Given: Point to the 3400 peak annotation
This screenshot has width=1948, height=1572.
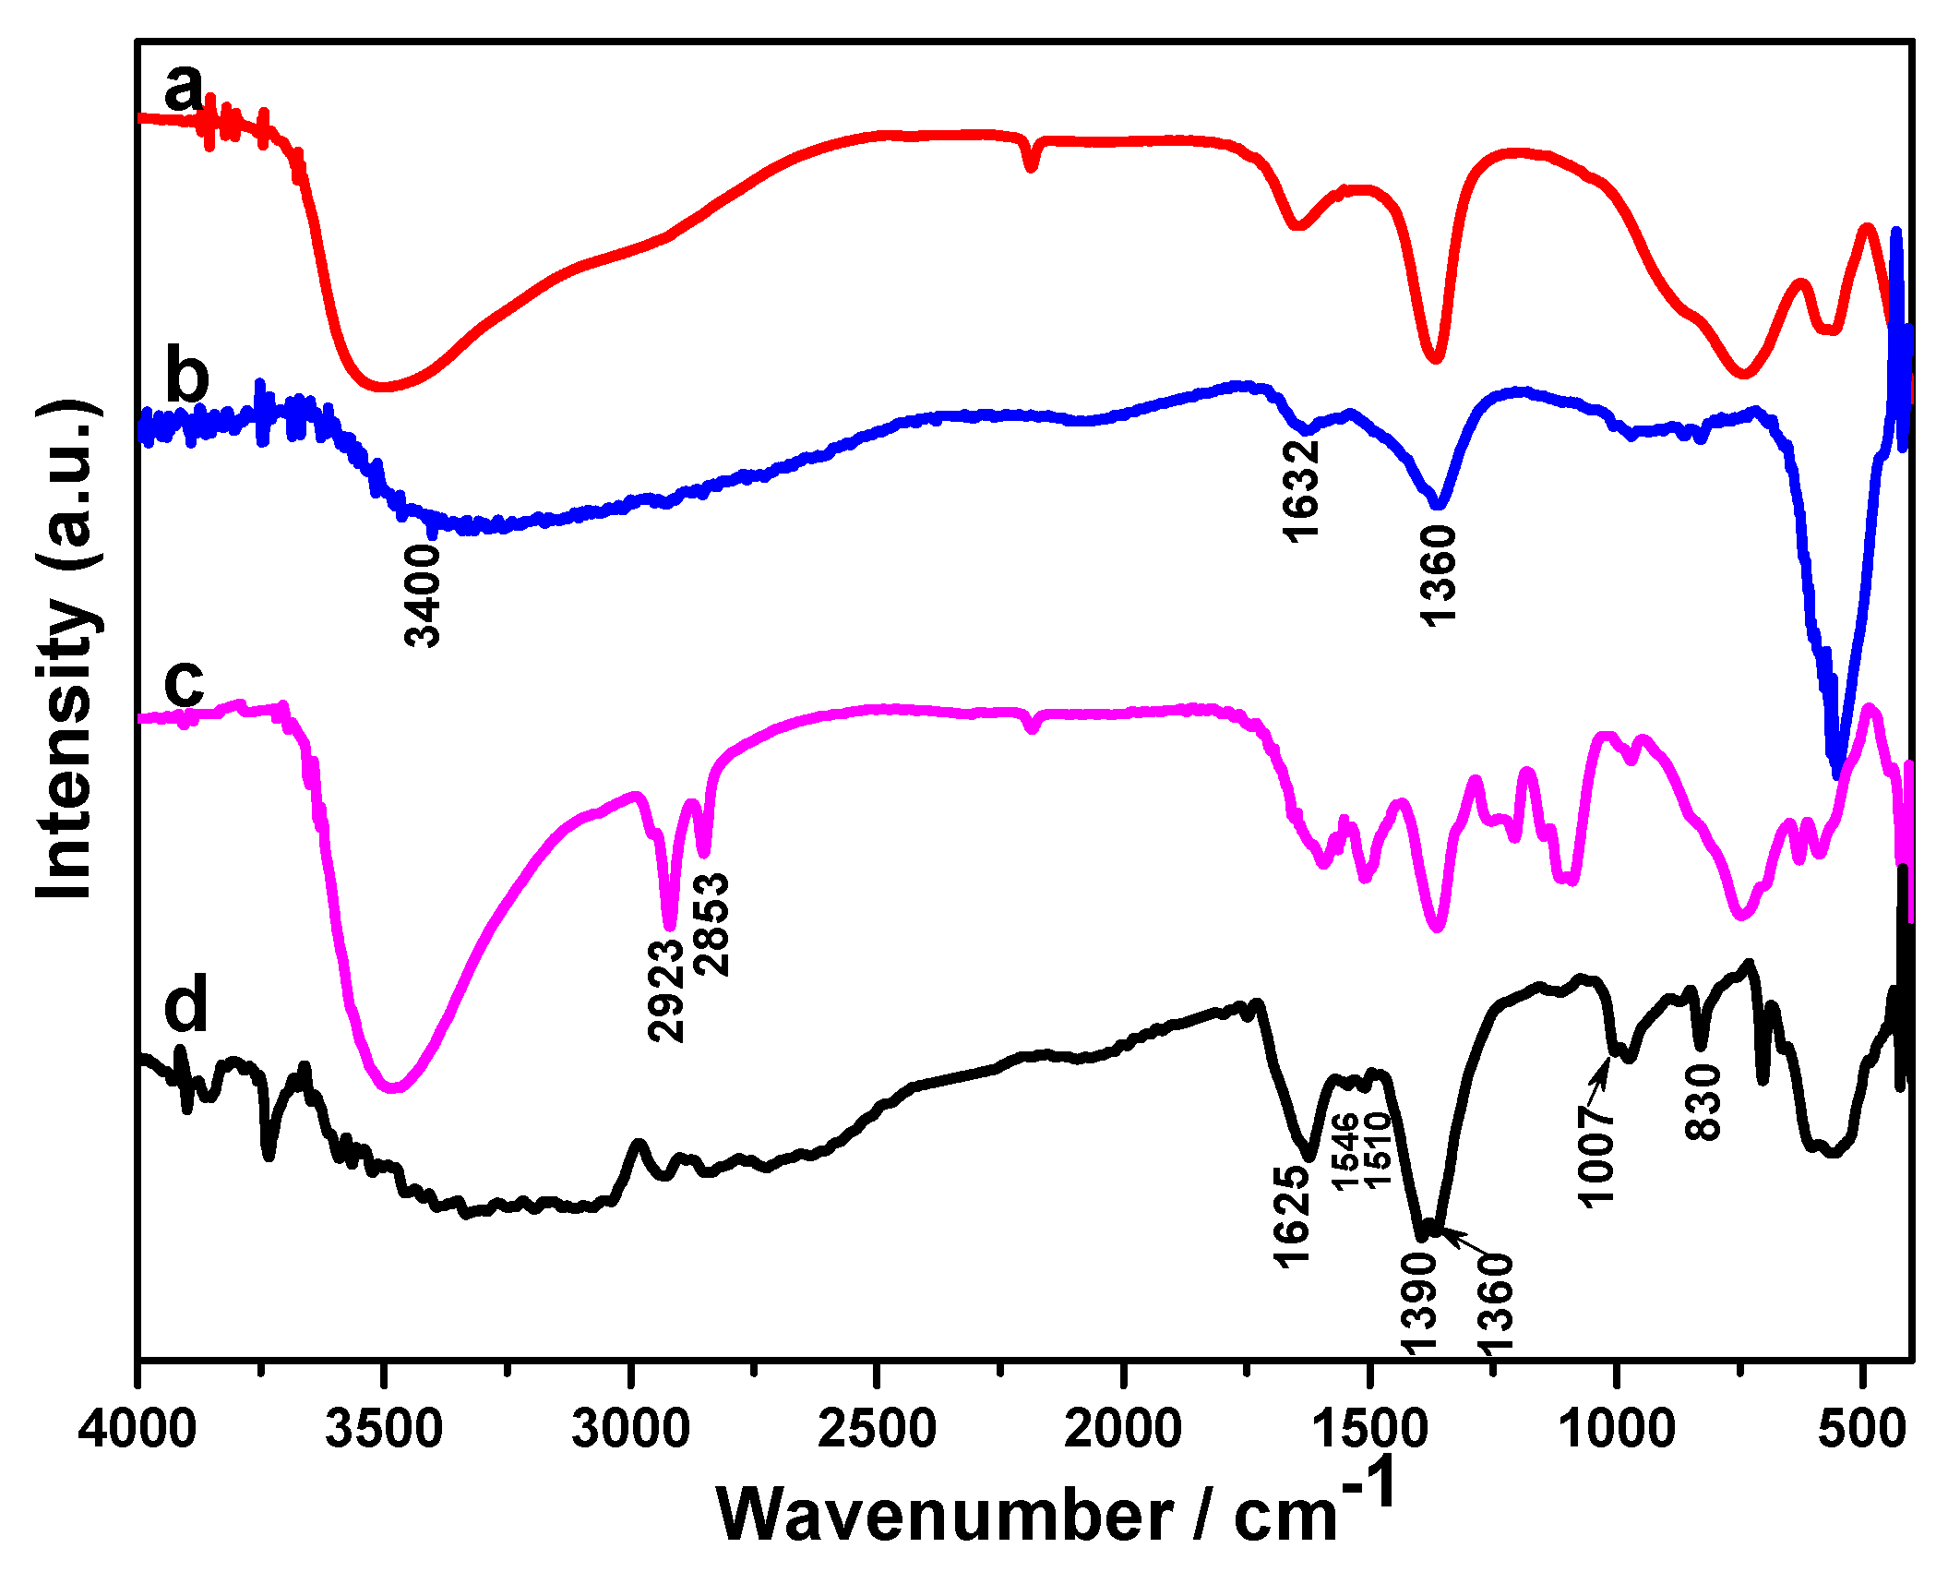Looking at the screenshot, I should coord(424,594).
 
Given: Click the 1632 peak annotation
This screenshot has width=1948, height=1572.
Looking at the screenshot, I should coord(1302,489).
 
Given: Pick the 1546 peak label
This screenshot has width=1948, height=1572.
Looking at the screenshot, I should coord(1344,1152).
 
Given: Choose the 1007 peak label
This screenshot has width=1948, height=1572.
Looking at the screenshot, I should coord(1595,1156).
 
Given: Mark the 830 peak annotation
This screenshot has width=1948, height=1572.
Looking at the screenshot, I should coord(1703,1102).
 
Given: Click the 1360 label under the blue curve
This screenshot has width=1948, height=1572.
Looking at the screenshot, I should coord(1438,575).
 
